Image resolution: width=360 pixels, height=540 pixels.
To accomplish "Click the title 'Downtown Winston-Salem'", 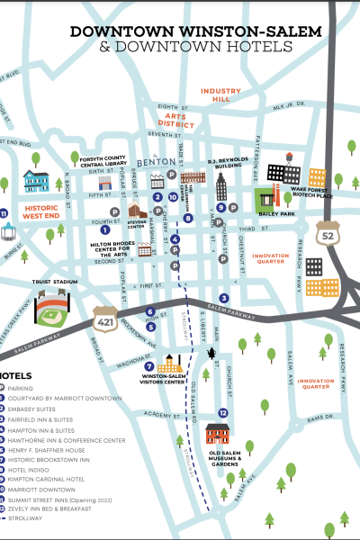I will pyautogui.click(x=196, y=31).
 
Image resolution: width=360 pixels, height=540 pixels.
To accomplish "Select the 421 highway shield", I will pyautogui.click(x=104, y=318).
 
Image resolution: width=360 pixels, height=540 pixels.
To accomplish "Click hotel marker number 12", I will pyautogui.click(x=222, y=412).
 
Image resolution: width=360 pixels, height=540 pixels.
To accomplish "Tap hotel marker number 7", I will pyautogui.click(x=149, y=366).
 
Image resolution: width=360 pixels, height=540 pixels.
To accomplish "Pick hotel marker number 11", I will pyautogui.click(x=4, y=214).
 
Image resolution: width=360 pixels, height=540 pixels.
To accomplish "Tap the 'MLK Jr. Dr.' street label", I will pyautogui.click(x=290, y=104).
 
